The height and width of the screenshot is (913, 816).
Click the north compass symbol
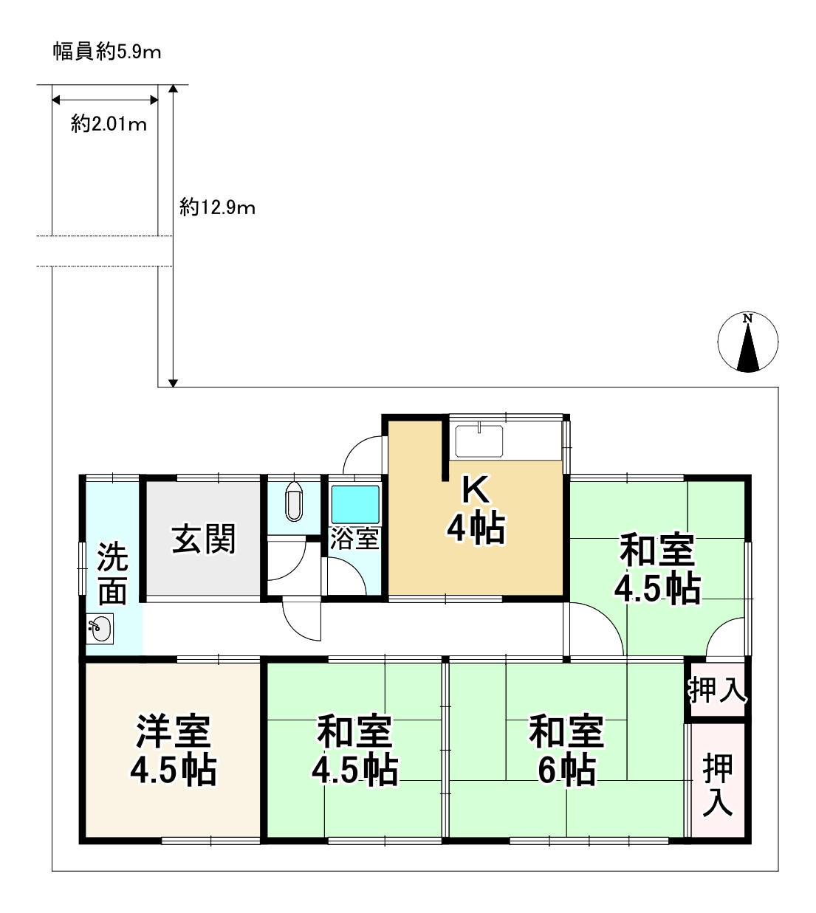(747, 342)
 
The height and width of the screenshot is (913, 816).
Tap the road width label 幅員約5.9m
(107, 52)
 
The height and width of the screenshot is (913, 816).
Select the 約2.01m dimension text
(109, 124)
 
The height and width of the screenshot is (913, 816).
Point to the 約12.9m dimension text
(217, 208)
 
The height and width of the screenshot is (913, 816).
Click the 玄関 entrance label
(204, 539)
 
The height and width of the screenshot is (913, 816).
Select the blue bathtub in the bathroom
(354, 505)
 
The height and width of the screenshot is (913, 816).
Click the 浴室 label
(354, 539)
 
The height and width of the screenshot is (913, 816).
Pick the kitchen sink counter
(480, 441)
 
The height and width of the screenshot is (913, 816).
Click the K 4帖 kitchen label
(476, 509)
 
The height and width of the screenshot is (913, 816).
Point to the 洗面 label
(112, 574)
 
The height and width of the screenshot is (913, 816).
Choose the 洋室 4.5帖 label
(174, 750)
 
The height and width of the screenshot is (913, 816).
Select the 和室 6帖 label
(566, 750)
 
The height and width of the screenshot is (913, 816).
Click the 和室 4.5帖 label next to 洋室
(354, 750)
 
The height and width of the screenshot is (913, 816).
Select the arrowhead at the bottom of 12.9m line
(173, 382)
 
